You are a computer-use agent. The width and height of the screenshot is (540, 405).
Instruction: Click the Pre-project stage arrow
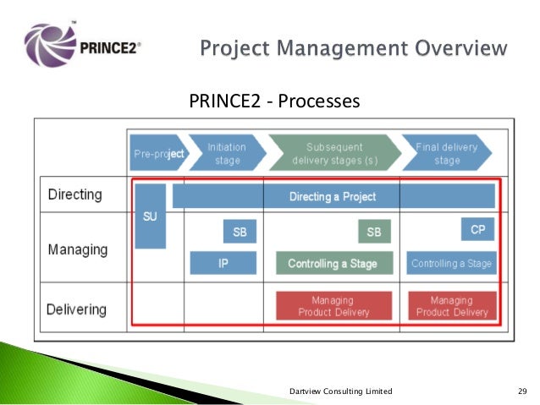tap(157, 153)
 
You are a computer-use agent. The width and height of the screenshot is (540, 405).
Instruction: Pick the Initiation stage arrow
tap(226, 153)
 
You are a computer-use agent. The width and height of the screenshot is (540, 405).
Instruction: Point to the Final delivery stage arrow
tap(447, 153)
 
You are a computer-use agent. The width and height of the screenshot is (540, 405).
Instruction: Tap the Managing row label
tap(77, 249)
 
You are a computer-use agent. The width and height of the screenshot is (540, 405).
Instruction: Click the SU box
tap(150, 216)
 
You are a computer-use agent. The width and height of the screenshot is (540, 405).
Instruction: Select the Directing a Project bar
tap(333, 196)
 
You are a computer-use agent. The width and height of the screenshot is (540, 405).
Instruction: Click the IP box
tap(223, 263)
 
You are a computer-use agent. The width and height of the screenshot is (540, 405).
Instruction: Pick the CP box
tap(477, 229)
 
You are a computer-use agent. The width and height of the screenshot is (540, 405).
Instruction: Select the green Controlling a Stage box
tap(333, 263)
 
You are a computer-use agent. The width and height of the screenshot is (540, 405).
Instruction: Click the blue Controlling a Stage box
tap(450, 263)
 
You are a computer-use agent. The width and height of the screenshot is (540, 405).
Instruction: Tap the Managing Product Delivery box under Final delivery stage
tap(452, 306)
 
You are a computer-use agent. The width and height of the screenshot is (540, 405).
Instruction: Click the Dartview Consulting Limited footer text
tap(340, 391)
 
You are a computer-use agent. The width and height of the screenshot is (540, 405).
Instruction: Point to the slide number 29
tap(522, 391)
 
